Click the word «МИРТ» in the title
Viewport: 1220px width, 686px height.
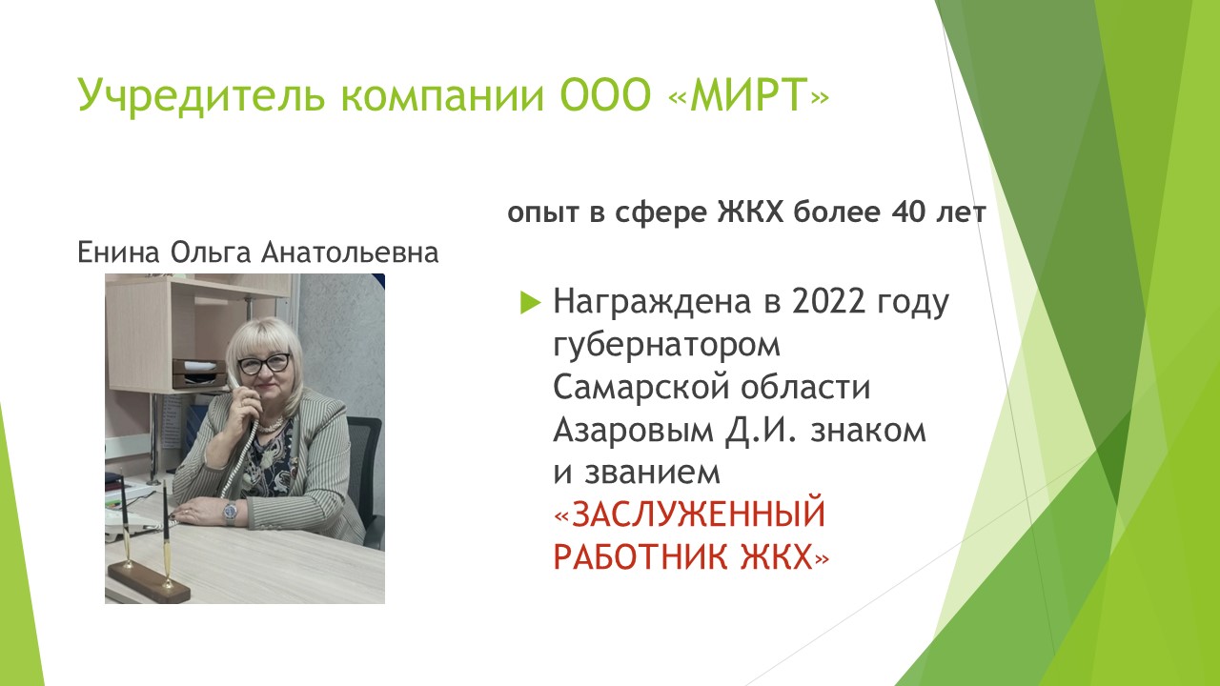pos(749,93)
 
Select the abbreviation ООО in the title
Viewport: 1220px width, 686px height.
pos(605,94)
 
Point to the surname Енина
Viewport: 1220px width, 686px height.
pos(118,252)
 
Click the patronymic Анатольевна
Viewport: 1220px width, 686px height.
pos(350,252)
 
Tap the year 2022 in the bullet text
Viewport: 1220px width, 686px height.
pos(828,300)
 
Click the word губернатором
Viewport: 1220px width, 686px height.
pos(666,345)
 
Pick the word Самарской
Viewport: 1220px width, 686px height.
pos(641,387)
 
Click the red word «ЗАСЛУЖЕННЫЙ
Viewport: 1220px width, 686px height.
pos(689,514)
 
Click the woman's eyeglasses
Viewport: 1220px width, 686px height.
pos(265,364)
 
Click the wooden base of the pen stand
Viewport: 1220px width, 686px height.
pos(148,583)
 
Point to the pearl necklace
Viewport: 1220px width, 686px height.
pos(271,426)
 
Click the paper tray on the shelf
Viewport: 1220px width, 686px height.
pos(199,373)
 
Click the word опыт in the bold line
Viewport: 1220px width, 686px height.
pos(543,212)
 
